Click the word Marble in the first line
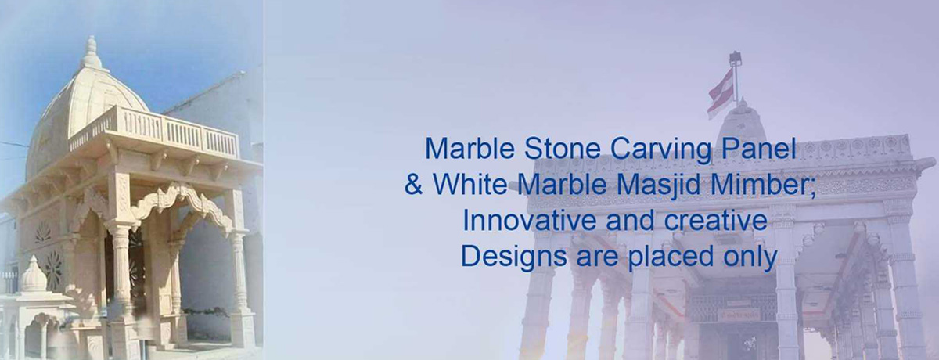(459, 148)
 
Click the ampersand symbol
(413, 185)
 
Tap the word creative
(718, 221)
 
